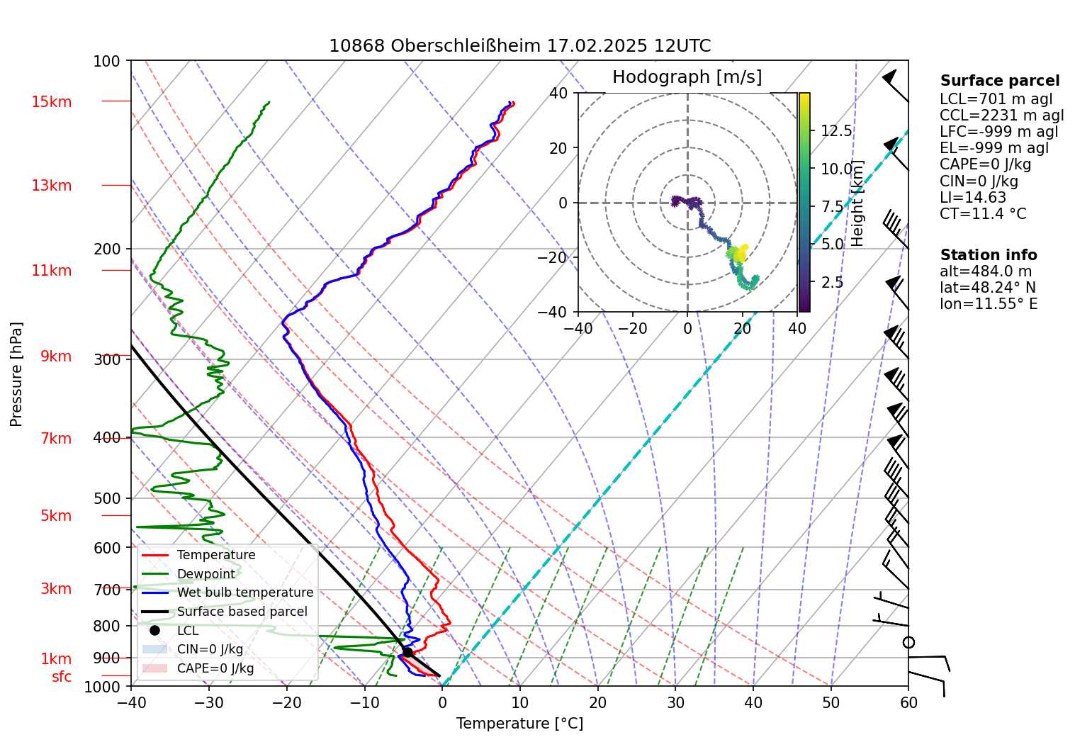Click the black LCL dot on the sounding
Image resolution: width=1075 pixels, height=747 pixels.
pyautogui.click(x=407, y=652)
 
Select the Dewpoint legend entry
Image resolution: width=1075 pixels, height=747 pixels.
pyautogui.click(x=206, y=574)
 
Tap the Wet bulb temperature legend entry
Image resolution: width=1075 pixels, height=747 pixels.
pyautogui.click(x=244, y=592)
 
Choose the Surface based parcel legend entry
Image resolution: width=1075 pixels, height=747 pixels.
pyautogui.click(x=242, y=612)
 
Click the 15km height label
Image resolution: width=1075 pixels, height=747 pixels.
pyautogui.click(x=51, y=102)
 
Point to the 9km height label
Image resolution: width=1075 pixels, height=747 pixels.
pyautogui.click(x=56, y=356)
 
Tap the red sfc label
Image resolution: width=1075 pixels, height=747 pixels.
pyautogui.click(x=62, y=677)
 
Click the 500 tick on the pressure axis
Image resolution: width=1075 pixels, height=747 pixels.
pyautogui.click(x=107, y=498)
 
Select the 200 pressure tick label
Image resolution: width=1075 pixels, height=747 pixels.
pyautogui.click(x=107, y=249)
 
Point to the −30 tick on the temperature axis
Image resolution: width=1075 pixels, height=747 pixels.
pyautogui.click(x=209, y=703)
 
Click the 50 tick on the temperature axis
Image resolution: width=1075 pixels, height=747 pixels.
pyautogui.click(x=831, y=703)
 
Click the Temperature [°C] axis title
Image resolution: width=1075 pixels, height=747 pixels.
pyautogui.click(x=519, y=724)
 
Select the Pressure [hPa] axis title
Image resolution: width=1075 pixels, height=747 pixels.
pyautogui.click(x=16, y=374)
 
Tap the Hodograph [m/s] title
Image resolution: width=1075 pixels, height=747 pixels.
pyautogui.click(x=687, y=77)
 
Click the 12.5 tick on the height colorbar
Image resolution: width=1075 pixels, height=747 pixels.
pyautogui.click(x=836, y=131)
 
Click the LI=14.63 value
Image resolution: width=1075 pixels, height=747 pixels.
pyautogui.click(x=973, y=198)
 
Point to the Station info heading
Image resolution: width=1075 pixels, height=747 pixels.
pyautogui.click(x=988, y=255)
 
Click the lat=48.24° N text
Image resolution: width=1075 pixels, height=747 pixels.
pyautogui.click(x=987, y=288)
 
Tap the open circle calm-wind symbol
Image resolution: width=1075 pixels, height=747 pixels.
pyautogui.click(x=908, y=642)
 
